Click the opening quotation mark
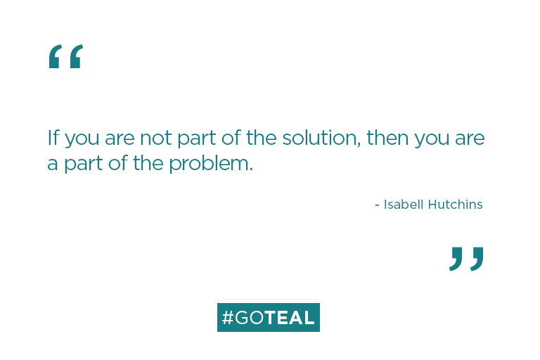click(x=65, y=56)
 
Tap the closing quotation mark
click(x=467, y=259)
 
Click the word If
click(x=53, y=137)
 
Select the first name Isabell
click(x=404, y=205)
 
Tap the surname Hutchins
click(x=456, y=205)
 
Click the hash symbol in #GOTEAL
click(x=227, y=318)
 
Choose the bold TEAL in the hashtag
click(x=290, y=318)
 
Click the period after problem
click(x=251, y=169)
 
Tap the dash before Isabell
click(x=378, y=205)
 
